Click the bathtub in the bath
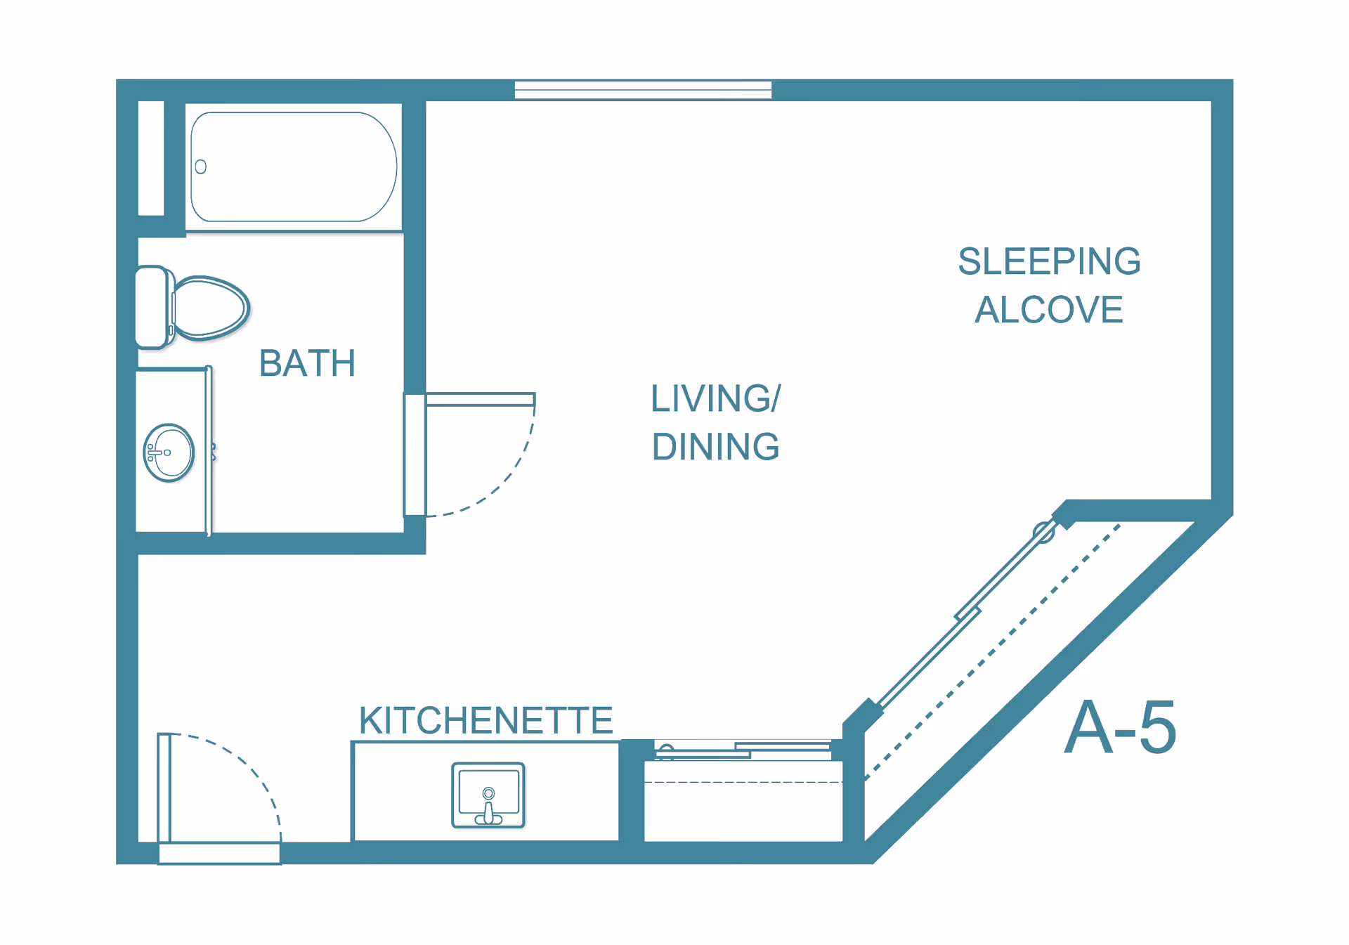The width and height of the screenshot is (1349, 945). [294, 167]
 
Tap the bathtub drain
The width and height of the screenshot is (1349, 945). [201, 167]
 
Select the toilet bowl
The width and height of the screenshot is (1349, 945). [210, 308]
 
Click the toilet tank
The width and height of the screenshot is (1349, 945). [153, 307]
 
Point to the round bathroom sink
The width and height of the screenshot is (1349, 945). [169, 452]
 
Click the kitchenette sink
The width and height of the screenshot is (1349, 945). [488, 795]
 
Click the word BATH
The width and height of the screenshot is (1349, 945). [307, 363]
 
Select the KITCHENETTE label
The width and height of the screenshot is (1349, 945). [485, 720]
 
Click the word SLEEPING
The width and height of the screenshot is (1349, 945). [1049, 261]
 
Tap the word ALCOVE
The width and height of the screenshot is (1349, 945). [1049, 310]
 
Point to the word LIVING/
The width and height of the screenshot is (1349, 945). [715, 398]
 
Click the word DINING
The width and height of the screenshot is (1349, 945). [715, 447]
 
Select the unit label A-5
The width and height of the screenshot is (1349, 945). [1120, 728]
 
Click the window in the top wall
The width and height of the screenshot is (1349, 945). [643, 90]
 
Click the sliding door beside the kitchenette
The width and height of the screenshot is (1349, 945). [743, 750]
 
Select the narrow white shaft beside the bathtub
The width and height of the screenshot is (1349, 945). [151, 158]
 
